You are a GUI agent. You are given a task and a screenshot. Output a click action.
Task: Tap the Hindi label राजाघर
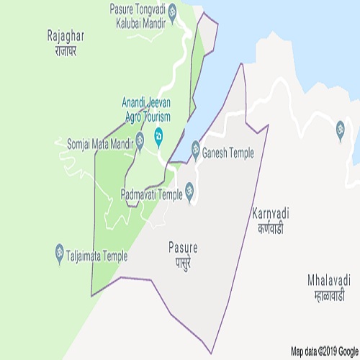point(66,53)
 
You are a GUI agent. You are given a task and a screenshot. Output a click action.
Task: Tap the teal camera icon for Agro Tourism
point(159,137)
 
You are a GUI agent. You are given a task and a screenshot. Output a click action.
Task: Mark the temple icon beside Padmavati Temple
point(190,192)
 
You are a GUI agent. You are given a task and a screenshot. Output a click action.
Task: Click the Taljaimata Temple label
point(96,256)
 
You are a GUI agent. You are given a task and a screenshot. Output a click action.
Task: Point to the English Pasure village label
point(181,248)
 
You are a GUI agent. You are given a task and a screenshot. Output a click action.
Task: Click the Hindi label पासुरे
point(181,260)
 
